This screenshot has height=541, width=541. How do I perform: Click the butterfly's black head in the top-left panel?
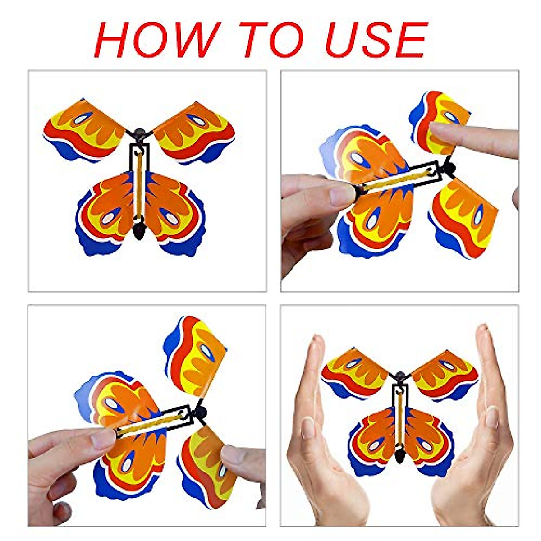[140, 134]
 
